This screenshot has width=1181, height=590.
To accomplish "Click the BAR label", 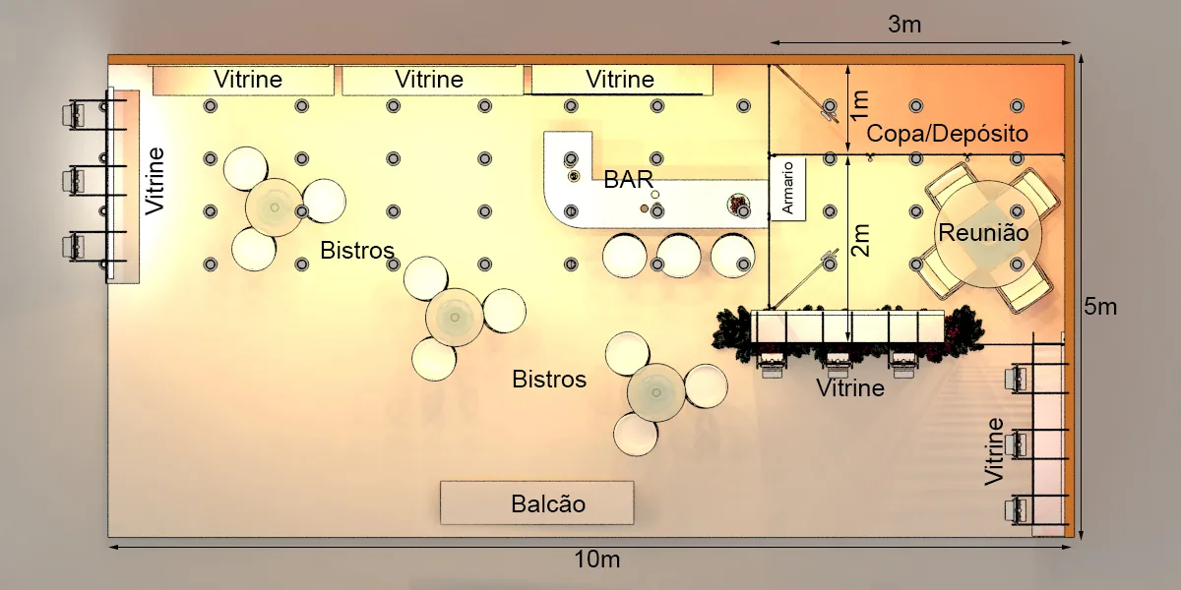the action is pos(629,180).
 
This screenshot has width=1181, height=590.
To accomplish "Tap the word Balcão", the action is pos(548,504).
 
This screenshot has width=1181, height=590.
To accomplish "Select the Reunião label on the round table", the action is pos(984,233).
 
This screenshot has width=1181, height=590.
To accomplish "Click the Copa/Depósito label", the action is pos(948,134).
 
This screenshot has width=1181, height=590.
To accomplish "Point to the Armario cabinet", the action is pos(787,188).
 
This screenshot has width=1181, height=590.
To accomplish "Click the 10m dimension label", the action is pos(596,560).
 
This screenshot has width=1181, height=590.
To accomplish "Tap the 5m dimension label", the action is pos(1100,307).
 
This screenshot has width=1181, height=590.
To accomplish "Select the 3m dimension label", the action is pos(904,25).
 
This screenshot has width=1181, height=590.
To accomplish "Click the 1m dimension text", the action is pos(860,104).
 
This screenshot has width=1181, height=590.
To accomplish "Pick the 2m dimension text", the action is pos(860,240).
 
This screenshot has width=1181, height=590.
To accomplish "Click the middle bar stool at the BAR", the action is pos(679,256).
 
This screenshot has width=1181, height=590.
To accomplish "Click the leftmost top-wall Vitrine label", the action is pos(248,80).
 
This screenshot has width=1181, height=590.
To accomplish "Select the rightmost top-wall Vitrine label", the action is pos(620,80).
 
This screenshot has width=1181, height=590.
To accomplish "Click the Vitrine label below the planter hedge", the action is pos(850,388).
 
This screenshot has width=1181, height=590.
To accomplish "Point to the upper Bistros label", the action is pos(357,250).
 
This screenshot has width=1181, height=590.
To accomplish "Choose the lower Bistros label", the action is pos(549,380).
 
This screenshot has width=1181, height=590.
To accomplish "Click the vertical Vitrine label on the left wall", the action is pos(155,181).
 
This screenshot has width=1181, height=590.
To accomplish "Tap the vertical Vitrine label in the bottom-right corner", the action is pos(994,451).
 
